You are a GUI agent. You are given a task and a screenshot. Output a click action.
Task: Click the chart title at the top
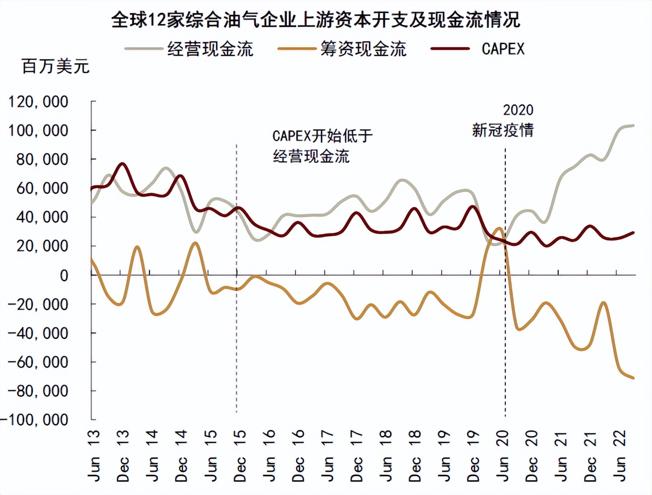[315, 20]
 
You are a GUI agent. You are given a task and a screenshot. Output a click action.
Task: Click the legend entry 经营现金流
[210, 49]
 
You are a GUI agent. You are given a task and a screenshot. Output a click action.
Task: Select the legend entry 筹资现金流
[363, 49]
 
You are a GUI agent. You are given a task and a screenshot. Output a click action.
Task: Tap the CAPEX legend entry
[502, 49]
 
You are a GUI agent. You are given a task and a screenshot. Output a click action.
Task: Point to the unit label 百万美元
[55, 66]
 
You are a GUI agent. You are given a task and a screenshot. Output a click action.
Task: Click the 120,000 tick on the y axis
[38, 102]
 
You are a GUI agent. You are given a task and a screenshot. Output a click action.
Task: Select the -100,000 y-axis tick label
[35, 420]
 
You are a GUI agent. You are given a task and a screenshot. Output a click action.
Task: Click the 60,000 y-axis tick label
[42, 188]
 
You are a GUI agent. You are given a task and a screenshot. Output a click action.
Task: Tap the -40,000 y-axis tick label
[38, 333]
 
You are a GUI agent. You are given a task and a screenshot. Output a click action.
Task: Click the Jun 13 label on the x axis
[94, 455]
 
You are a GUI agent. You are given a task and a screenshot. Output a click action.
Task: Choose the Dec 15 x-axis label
[239, 455]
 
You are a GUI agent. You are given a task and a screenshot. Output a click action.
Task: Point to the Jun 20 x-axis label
[502, 455]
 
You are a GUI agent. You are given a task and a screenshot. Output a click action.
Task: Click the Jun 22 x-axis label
[619, 455]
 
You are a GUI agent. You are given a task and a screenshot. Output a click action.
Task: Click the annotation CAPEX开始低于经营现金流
[321, 146]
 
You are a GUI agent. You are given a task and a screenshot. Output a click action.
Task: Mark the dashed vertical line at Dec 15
[237, 336]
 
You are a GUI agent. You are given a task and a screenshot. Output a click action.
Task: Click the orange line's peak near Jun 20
[499, 229]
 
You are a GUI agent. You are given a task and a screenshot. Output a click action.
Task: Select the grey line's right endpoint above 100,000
[633, 126]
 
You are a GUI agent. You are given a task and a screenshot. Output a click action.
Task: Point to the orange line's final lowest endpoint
[633, 378]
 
